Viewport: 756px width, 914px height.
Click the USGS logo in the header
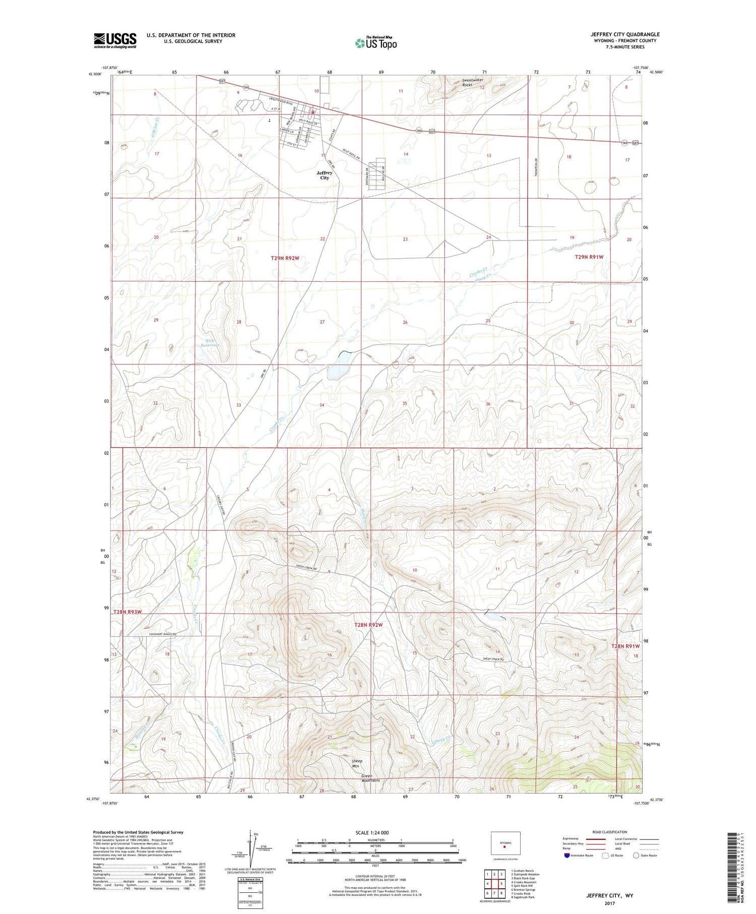[115, 40]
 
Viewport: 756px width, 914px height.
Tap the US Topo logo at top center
[375, 43]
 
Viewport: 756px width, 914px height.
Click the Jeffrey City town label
[324, 175]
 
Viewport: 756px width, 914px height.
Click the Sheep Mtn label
[356, 763]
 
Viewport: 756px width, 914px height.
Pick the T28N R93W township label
[128, 612]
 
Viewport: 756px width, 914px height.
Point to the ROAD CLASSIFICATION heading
[610, 832]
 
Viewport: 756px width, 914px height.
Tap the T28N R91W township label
[625, 646]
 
